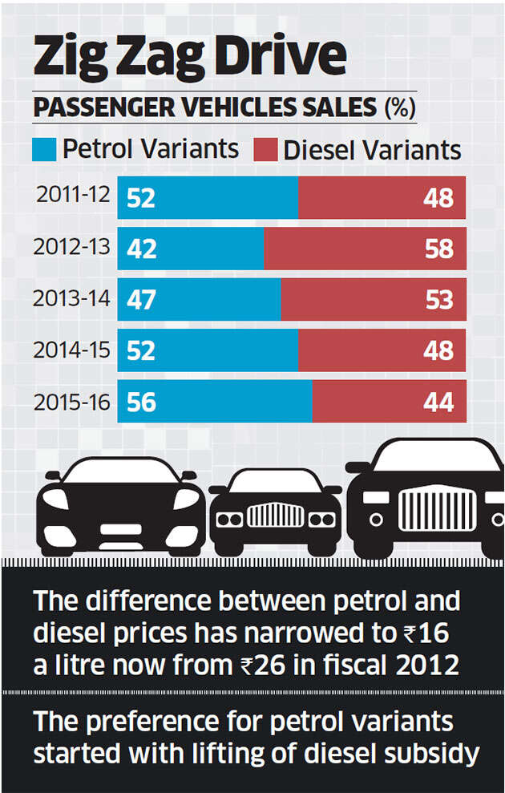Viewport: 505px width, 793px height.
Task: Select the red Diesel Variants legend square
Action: pyautogui.click(x=265, y=150)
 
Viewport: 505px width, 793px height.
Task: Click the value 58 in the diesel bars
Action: pyautogui.click(x=438, y=249)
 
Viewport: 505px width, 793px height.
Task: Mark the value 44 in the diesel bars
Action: pyautogui.click(x=438, y=402)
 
